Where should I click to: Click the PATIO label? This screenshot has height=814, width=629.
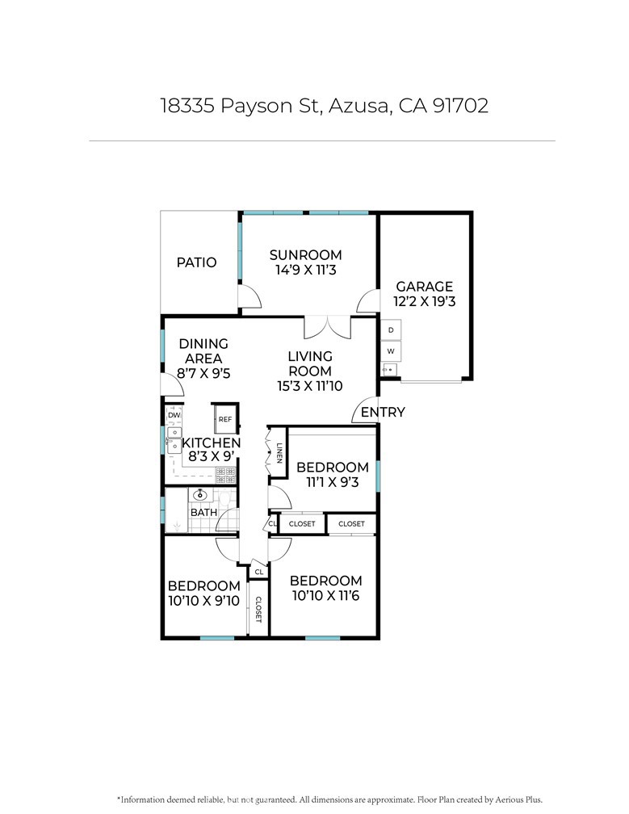pyautogui.click(x=196, y=262)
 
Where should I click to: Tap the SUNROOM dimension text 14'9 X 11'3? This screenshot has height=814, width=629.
pyautogui.click(x=306, y=270)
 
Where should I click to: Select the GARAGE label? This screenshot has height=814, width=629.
pyautogui.click(x=425, y=286)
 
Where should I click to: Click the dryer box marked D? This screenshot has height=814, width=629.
pyautogui.click(x=391, y=330)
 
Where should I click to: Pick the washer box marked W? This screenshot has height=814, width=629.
pyautogui.click(x=391, y=351)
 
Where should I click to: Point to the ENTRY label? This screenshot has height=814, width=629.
pyautogui.click(x=383, y=412)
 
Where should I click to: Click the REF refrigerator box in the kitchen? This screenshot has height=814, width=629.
pyautogui.click(x=225, y=419)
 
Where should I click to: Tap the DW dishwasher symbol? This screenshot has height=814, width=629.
pyautogui.click(x=174, y=415)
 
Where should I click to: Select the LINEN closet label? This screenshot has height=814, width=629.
pyautogui.click(x=279, y=453)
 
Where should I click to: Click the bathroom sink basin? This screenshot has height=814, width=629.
pyautogui.click(x=200, y=494)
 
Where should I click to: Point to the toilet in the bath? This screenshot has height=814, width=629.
pyautogui.click(x=224, y=497)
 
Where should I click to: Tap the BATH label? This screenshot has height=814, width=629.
pyautogui.click(x=204, y=512)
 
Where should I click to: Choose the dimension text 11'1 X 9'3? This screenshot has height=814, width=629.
pyautogui.click(x=333, y=482)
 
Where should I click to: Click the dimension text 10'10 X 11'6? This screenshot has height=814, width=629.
pyautogui.click(x=326, y=595)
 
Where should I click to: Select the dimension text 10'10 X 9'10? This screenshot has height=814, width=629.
pyautogui.click(x=204, y=601)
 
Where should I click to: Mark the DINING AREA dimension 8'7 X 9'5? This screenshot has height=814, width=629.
pyautogui.click(x=203, y=373)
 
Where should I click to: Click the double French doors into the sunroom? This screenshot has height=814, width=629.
pyautogui.click(x=328, y=327)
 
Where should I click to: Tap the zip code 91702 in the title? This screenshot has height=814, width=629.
pyautogui.click(x=460, y=105)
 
